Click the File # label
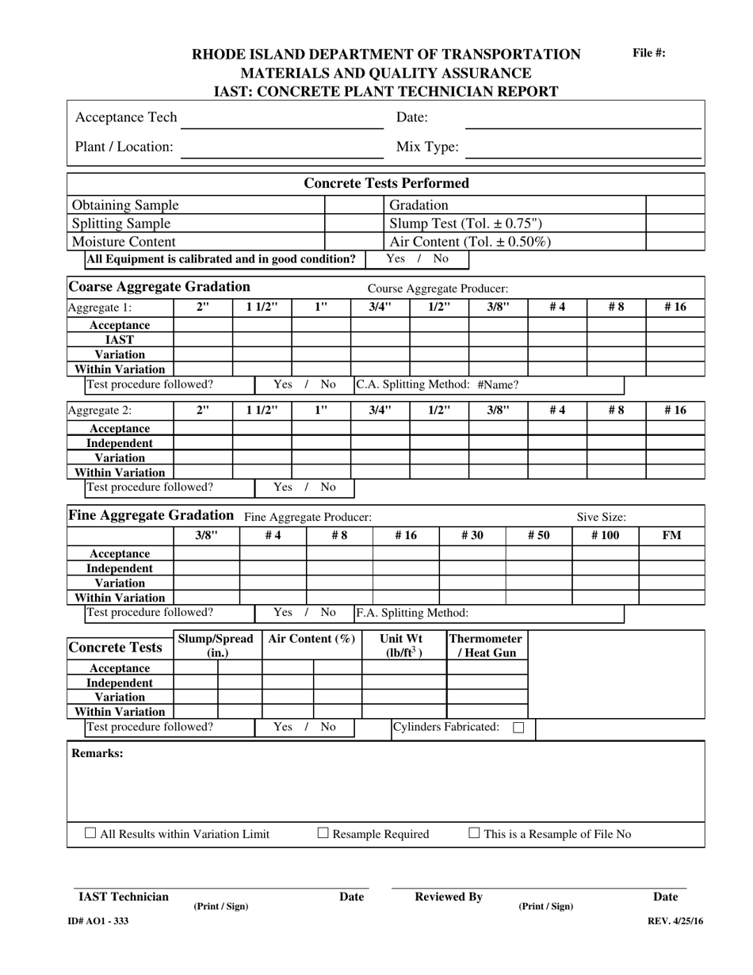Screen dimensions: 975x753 click(x=648, y=53)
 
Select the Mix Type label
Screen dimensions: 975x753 click(x=426, y=147)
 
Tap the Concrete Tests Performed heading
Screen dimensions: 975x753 click(x=387, y=183)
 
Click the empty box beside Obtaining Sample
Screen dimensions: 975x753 click(x=343, y=205)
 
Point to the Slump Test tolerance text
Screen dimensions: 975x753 click(x=465, y=224)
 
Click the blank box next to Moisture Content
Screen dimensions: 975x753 click(x=343, y=242)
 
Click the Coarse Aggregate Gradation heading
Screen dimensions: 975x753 click(x=159, y=287)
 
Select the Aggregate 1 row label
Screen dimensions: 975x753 click(x=100, y=308)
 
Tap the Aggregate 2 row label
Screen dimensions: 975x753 click(x=100, y=411)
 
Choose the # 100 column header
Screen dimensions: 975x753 click(x=605, y=536)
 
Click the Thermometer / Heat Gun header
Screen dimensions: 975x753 click(x=486, y=646)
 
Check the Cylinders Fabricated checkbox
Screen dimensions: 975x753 click(x=518, y=727)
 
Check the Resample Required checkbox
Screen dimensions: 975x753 click(x=323, y=833)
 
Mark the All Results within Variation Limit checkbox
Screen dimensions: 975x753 click(x=90, y=833)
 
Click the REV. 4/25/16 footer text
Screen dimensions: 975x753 click(x=675, y=921)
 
